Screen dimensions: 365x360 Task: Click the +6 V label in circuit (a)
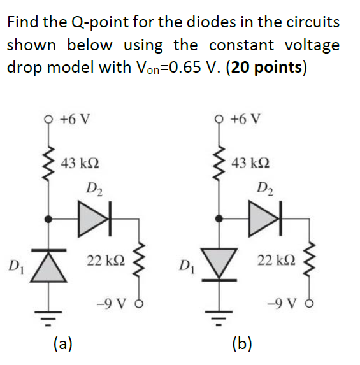[75, 119]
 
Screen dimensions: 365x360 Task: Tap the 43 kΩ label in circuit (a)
[80, 162]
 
